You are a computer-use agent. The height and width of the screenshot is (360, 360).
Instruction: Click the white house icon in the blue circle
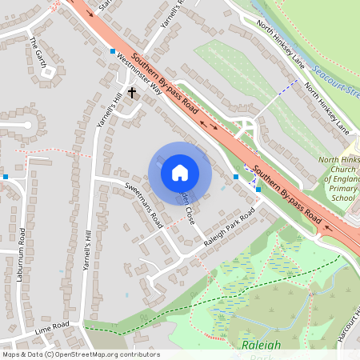coord(179,173)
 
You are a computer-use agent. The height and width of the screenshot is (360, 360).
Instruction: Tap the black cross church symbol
coord(131,93)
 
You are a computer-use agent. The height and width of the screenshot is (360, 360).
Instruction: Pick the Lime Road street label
coord(52,328)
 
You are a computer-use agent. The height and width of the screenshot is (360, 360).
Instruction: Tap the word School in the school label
coord(343,198)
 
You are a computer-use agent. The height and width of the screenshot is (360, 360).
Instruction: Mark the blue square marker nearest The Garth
coord(112,51)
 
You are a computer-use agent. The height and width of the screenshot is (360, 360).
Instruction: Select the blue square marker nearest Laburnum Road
coord(6,176)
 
